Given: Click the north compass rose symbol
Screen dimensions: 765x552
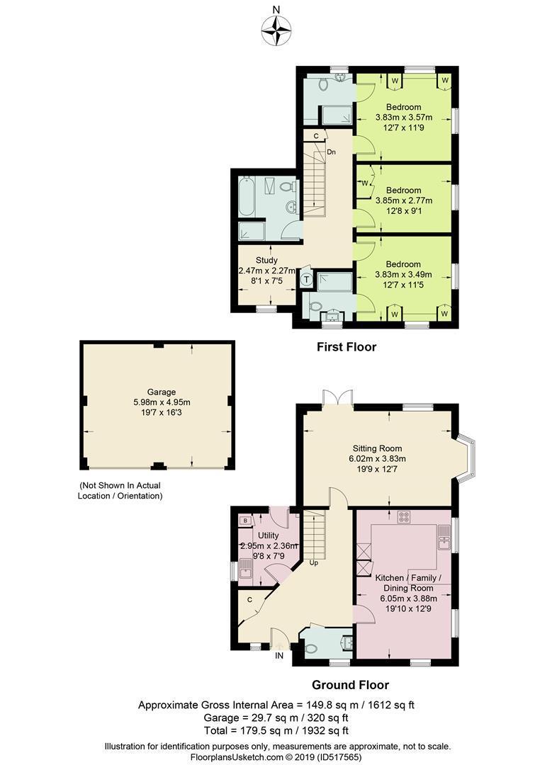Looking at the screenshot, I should click(276, 29).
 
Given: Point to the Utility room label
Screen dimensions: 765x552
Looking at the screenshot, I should click(268, 535).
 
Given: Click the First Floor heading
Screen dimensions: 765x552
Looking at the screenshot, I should click(346, 347).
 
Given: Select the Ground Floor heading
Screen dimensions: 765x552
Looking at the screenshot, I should click(350, 685).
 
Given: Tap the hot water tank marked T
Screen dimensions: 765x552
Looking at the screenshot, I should click(306, 280).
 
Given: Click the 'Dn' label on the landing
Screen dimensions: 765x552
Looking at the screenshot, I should click(331, 152).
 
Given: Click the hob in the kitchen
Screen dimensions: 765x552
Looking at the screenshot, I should click(404, 517).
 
